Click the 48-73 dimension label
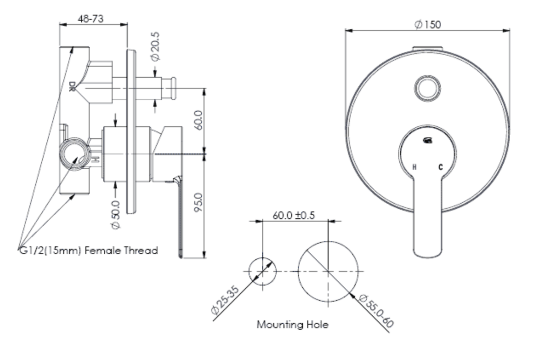click(x=91, y=19)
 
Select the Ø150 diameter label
click(x=428, y=24)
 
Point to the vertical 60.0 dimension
click(x=199, y=120)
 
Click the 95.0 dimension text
click(x=199, y=203)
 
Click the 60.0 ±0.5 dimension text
click(x=293, y=215)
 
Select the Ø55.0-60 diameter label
click(x=376, y=312)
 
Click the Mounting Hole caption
click(x=293, y=325)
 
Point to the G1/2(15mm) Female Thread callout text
click(x=88, y=250)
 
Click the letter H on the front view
click(x=414, y=167)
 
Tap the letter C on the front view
click(x=441, y=167)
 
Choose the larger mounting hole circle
click(x=328, y=271)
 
